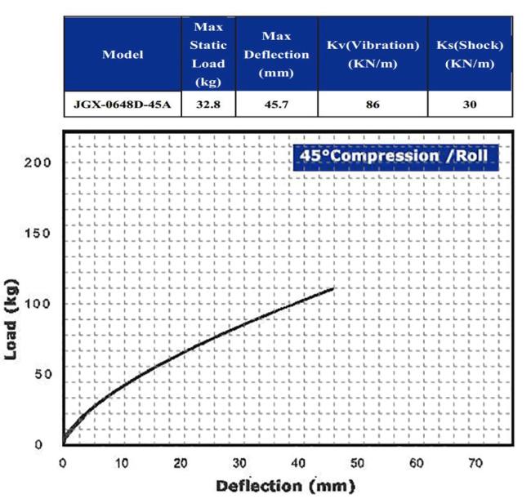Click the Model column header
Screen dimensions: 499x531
click(123, 55)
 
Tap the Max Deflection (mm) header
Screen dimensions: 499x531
click(274, 55)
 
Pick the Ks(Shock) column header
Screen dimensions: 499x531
click(470, 55)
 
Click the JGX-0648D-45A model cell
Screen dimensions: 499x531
click(123, 104)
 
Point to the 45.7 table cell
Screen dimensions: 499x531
click(274, 104)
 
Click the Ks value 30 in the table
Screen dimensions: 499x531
click(470, 104)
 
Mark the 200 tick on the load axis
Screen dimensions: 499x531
click(42, 162)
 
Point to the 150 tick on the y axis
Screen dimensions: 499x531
click(42, 233)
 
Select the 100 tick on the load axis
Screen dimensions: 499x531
click(42, 304)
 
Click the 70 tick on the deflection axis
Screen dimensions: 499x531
click(475, 463)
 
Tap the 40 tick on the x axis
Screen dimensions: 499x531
click(299, 463)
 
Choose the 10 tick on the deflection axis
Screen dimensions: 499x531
click(122, 463)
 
